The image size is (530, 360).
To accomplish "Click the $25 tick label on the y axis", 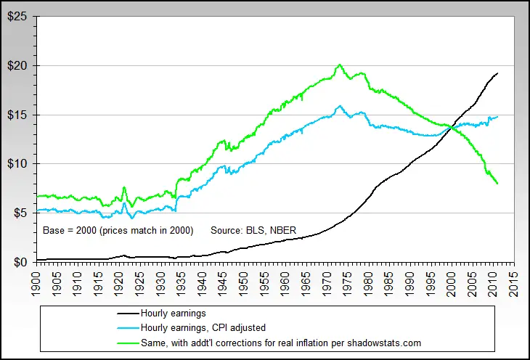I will click(17, 16).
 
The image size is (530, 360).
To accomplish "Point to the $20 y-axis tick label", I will click(17, 65).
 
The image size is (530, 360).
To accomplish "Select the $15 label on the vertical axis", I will click(17, 115).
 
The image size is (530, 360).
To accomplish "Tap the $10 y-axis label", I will click(17, 163).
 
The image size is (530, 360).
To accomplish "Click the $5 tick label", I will click(20, 213).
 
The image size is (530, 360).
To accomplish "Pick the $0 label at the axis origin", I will click(20, 262).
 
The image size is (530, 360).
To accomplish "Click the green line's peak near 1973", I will click(339, 65).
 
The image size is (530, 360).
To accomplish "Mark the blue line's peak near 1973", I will click(339, 106).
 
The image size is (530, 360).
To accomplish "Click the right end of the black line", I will click(498, 73).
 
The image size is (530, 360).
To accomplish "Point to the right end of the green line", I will click(498, 184).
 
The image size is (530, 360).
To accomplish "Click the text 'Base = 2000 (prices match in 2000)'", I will click(118, 230).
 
